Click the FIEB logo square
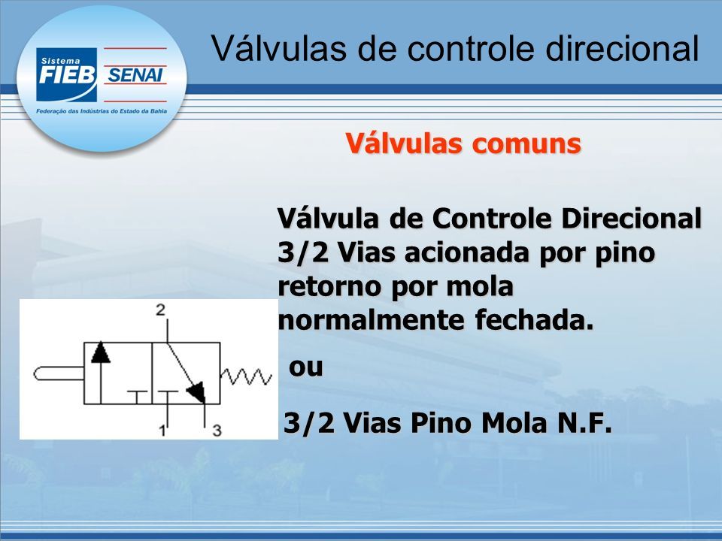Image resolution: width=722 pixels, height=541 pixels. (x=67, y=74)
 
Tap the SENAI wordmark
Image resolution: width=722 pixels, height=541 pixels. (x=135, y=75)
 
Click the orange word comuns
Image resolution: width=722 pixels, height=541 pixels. (x=526, y=144)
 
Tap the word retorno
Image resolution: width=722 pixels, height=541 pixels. (x=329, y=286)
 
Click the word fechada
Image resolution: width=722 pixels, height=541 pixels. (x=534, y=320)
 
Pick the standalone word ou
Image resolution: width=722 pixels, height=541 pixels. (x=306, y=367)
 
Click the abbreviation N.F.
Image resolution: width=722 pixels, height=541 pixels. (x=585, y=423)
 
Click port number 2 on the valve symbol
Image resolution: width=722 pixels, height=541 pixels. (x=160, y=310)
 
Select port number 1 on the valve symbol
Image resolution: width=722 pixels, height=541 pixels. (x=162, y=431)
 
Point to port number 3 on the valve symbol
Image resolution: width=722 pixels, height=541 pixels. (x=217, y=431)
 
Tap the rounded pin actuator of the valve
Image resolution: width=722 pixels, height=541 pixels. (x=59, y=373)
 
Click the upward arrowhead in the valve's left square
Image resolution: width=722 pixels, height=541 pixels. (x=101, y=352)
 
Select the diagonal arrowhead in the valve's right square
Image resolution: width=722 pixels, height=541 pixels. (x=196, y=391)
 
